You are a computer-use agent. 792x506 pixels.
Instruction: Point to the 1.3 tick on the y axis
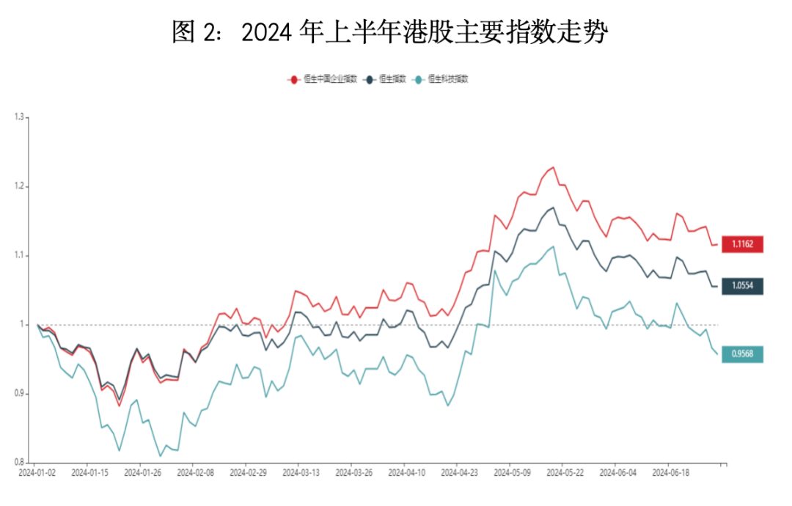click(19, 117)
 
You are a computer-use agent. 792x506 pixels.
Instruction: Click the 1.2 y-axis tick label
click(19, 186)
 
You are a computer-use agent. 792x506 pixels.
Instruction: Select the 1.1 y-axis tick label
click(19, 255)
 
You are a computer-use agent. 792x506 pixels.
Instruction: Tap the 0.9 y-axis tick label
click(19, 394)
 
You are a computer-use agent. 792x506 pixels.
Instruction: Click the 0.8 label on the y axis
click(19, 463)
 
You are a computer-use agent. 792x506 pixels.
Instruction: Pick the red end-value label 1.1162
click(742, 244)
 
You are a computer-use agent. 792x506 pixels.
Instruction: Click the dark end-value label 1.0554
click(742, 286)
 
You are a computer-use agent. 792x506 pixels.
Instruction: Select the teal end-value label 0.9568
click(742, 354)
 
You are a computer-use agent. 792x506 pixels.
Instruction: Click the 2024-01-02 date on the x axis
click(37, 474)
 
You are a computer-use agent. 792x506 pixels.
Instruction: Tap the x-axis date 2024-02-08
click(195, 474)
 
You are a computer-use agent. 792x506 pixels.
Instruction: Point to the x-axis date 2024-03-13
click(301, 474)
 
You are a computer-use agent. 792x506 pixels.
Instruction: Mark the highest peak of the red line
click(554, 167)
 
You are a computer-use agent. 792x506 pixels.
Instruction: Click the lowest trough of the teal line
click(161, 456)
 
